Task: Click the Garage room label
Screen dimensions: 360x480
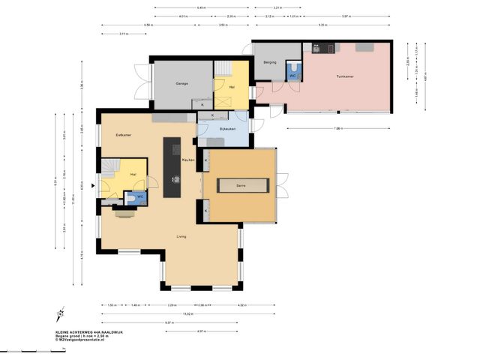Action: click(x=181, y=83)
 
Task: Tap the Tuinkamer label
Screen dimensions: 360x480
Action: click(x=345, y=76)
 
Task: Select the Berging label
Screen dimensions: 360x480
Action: click(x=271, y=63)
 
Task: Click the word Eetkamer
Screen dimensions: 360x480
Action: click(x=124, y=134)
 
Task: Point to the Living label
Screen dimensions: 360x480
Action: click(x=181, y=236)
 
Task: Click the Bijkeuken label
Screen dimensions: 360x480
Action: click(x=227, y=129)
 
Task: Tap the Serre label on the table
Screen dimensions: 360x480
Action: click(x=241, y=184)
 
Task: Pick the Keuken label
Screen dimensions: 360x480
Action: click(x=188, y=160)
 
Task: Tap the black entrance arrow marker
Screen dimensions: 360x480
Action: click(x=93, y=186)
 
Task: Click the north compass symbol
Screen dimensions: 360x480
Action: click(x=59, y=316)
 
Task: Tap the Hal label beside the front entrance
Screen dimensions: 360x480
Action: click(x=133, y=174)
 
